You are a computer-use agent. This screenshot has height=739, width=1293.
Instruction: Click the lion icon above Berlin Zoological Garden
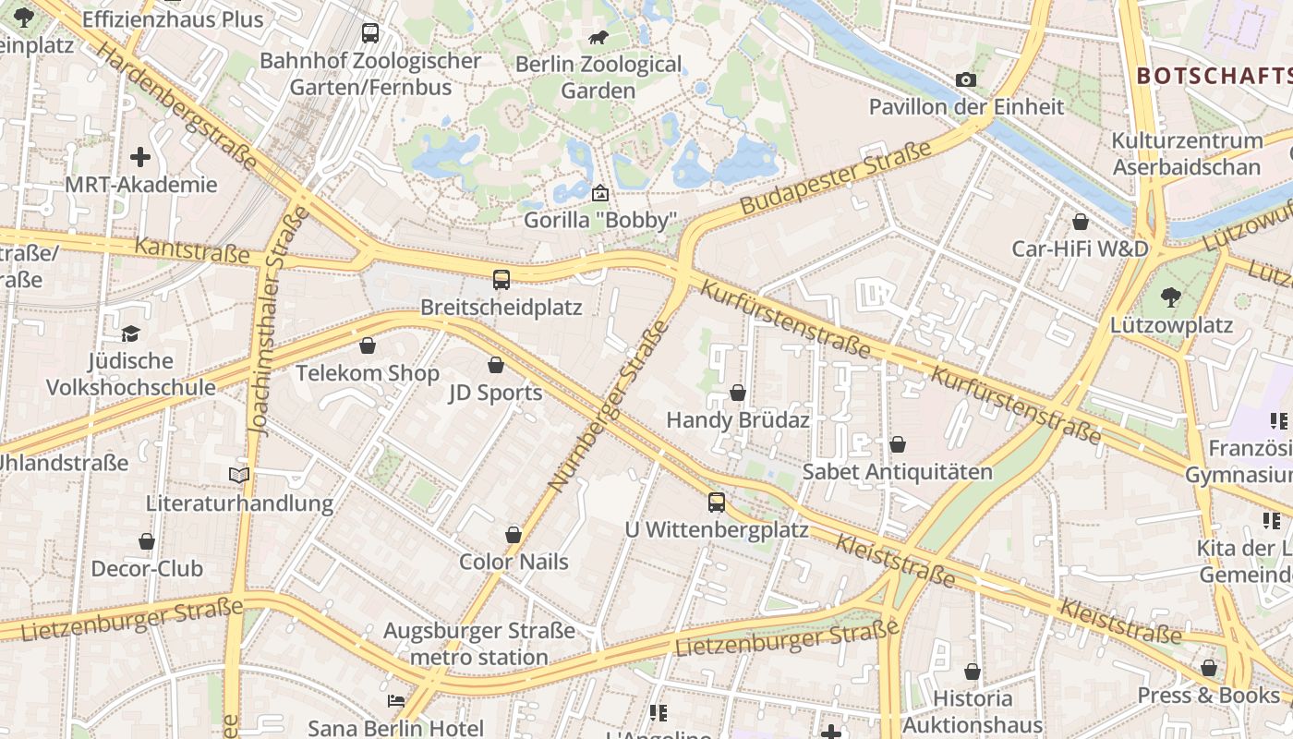(598, 38)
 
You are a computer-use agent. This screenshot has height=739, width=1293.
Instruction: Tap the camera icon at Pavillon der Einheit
(966, 80)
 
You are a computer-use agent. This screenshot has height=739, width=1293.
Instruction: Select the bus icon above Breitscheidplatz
(501, 280)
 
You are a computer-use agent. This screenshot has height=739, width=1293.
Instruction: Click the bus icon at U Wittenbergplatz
(717, 503)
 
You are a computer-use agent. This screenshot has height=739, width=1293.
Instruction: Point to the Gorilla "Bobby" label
(601, 221)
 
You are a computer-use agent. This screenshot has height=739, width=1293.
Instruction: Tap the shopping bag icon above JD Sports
(496, 365)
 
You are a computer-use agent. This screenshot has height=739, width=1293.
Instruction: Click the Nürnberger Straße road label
(607, 406)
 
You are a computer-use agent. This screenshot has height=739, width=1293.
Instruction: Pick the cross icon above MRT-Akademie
(140, 157)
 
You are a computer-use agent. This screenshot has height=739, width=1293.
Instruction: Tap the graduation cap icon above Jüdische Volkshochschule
(130, 333)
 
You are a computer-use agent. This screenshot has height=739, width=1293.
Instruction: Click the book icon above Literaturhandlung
(239, 475)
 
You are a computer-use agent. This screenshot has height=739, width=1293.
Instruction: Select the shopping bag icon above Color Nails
(514, 535)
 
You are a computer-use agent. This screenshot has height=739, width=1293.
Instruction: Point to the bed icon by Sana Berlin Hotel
(396, 701)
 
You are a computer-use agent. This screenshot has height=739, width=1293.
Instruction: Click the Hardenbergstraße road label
(176, 107)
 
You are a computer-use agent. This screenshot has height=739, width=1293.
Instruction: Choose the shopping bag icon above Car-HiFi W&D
(1080, 222)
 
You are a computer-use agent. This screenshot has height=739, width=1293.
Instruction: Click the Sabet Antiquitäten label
(897, 472)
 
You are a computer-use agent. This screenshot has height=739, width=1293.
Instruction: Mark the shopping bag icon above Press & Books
(1208, 668)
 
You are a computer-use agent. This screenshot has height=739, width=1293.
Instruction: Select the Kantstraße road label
(192, 249)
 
